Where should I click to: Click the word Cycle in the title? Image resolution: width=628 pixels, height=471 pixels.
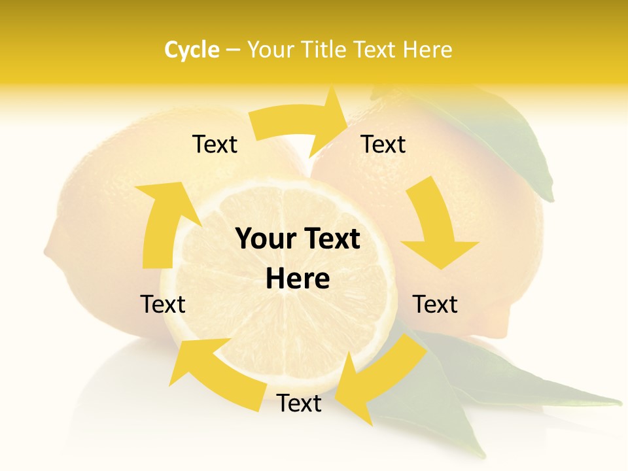pos(192,50)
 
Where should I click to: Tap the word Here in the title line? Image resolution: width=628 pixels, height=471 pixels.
pos(428,50)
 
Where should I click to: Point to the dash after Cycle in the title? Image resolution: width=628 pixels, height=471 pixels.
pos(233,50)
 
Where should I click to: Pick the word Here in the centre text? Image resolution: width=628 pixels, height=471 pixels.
pos(298,279)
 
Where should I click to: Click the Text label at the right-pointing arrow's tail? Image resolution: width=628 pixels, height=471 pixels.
pos(215,145)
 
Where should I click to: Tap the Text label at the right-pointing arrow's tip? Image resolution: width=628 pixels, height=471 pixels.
pos(383,145)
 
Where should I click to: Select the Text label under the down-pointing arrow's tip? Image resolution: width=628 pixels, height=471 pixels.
pos(436,304)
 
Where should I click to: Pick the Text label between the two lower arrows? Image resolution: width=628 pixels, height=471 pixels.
pos(299,404)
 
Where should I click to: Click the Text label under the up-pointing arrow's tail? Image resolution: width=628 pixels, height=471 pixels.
pos(163,304)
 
